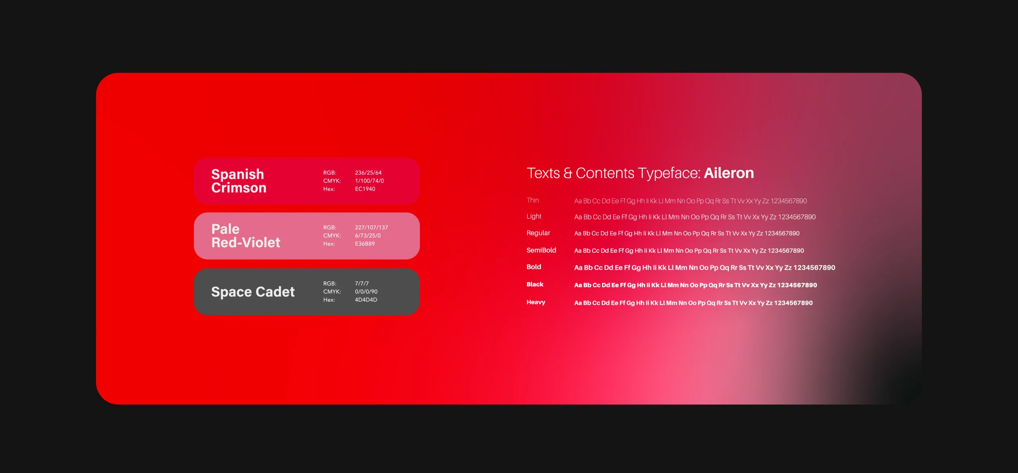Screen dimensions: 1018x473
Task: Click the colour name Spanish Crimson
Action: [x=239, y=181]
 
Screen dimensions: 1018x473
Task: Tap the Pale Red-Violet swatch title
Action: [x=246, y=236]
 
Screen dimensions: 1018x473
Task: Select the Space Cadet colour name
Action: [x=253, y=292]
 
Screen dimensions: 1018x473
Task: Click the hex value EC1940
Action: [x=365, y=189]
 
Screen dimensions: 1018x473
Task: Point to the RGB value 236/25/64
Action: [x=368, y=173]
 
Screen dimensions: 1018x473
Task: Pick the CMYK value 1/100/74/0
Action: [x=369, y=180]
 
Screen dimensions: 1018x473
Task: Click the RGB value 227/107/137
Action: [x=371, y=227]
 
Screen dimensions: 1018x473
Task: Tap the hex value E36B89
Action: [x=365, y=244]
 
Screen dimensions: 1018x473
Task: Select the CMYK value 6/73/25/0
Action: [x=368, y=235]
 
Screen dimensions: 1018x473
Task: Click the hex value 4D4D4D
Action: [x=366, y=300]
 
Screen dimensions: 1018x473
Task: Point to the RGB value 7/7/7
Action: [x=362, y=283]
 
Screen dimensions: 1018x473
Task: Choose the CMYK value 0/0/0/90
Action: [x=366, y=291]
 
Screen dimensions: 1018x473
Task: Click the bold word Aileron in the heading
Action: [x=729, y=173]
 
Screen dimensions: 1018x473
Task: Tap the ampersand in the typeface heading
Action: [x=568, y=173]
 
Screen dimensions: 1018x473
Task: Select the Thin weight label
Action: [x=532, y=200]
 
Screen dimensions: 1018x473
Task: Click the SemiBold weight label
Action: [x=541, y=250]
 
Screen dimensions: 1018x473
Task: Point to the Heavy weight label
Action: [x=536, y=302]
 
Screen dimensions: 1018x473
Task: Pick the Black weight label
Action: [x=535, y=284]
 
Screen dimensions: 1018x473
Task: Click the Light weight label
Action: [x=534, y=216]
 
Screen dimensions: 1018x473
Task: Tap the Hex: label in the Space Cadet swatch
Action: [x=329, y=300]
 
